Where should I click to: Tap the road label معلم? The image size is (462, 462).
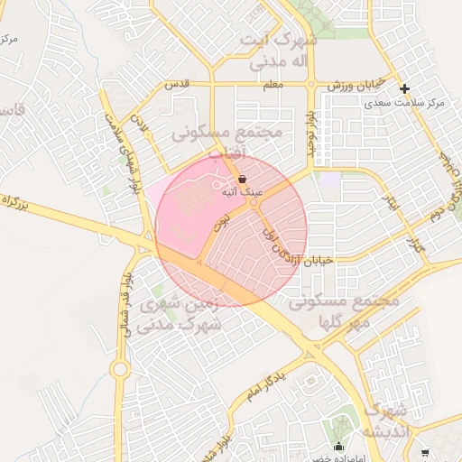[273, 84]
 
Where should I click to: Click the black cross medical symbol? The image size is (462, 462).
[405, 88]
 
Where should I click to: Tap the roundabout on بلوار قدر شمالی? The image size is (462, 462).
[119, 368]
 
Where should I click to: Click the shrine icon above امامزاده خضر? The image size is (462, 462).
[339, 445]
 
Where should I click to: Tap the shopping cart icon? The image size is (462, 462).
[424, 452]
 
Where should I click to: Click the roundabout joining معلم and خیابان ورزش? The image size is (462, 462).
[311, 84]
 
